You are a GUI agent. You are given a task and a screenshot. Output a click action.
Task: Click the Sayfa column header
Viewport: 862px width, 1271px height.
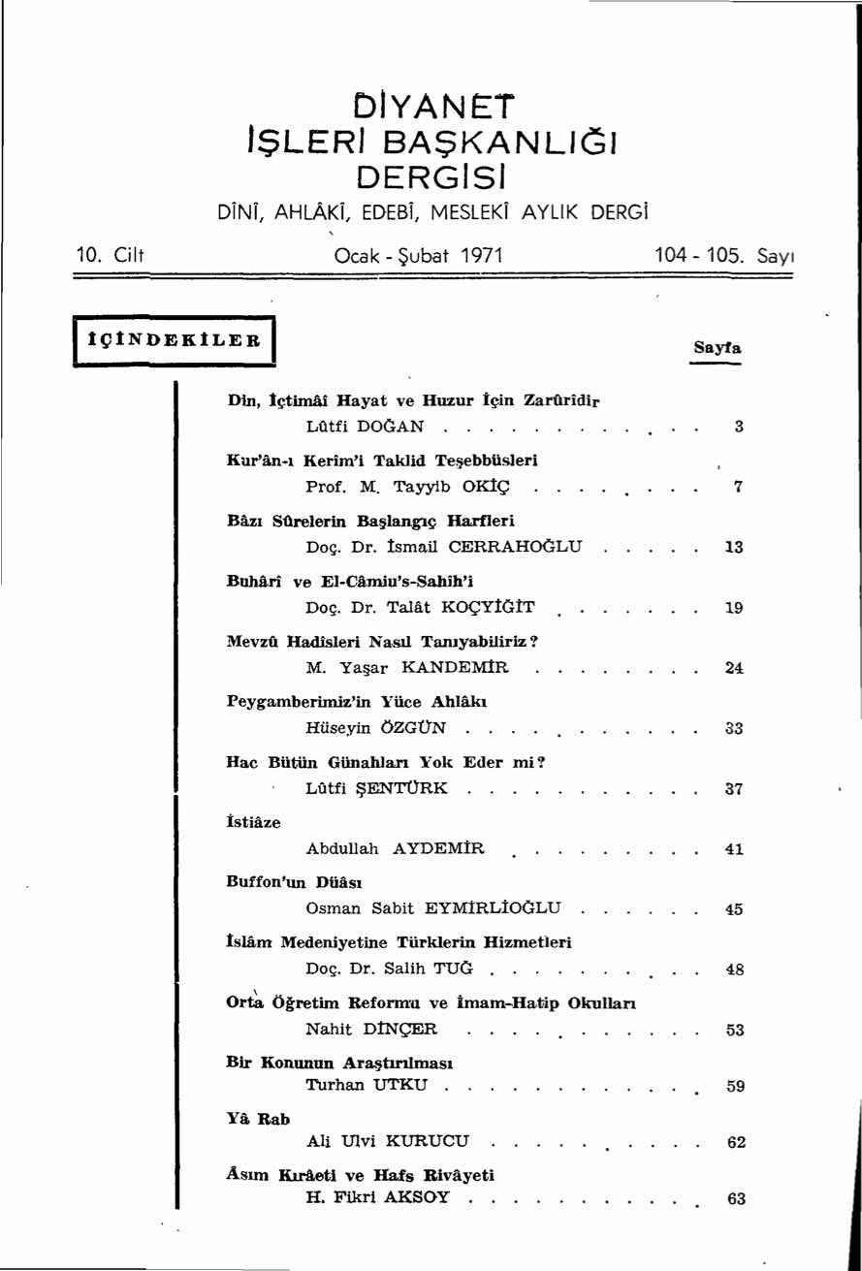pyautogui.click(x=717, y=347)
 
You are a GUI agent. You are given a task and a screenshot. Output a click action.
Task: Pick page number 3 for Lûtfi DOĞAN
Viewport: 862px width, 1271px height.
pyautogui.click(x=738, y=427)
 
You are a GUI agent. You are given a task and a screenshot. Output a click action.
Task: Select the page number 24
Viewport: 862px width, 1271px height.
pyautogui.click(x=734, y=668)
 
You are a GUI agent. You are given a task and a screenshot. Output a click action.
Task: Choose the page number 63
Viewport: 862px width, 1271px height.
pyautogui.click(x=736, y=1199)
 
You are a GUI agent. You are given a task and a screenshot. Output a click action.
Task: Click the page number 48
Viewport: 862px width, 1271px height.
pyautogui.click(x=734, y=969)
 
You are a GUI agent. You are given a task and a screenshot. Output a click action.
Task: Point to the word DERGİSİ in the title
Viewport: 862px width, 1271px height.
pyautogui.click(x=431, y=177)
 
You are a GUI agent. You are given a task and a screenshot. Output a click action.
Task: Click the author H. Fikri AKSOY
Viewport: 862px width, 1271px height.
pyautogui.click(x=378, y=1197)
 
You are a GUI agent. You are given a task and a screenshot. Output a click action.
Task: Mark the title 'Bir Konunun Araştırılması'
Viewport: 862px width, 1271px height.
pyautogui.click(x=335, y=1063)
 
